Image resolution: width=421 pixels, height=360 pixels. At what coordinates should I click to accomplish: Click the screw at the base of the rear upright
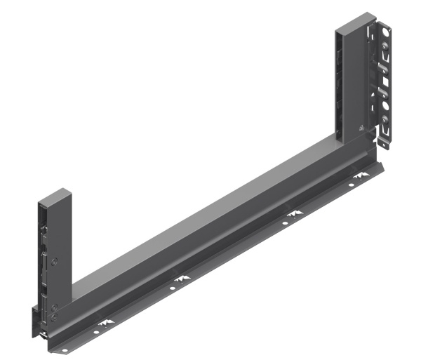click(x=360, y=128)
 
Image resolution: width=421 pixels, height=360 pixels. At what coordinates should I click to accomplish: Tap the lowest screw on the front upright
click(x=54, y=317)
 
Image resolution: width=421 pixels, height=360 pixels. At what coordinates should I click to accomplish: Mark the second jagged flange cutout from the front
click(x=183, y=280)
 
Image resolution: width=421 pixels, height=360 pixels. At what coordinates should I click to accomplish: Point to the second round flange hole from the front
click(x=175, y=286)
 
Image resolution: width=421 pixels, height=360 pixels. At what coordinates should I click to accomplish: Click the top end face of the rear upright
click(x=353, y=20)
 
